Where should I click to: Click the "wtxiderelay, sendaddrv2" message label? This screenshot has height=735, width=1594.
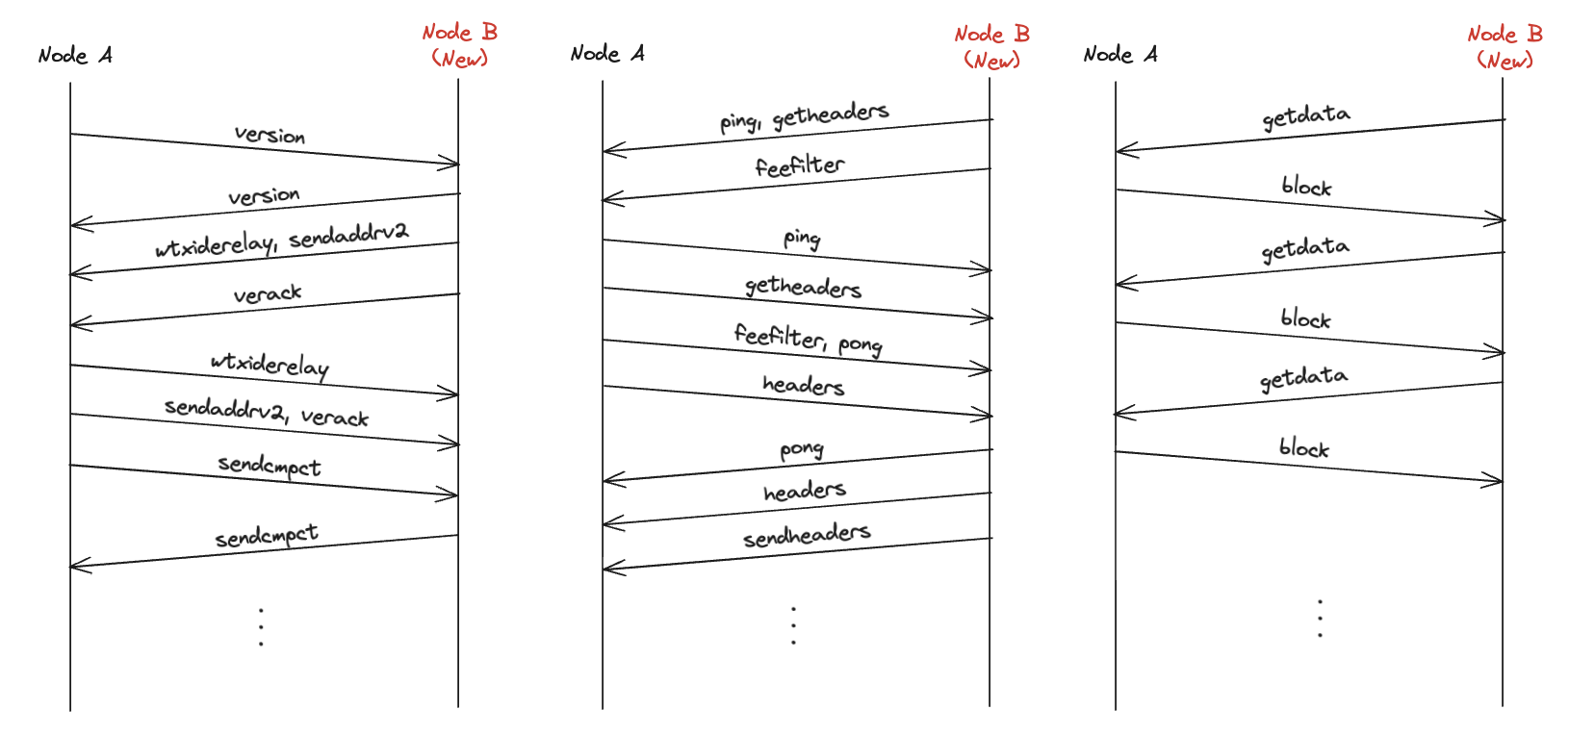coord(281,239)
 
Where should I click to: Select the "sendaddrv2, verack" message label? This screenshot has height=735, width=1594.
coord(267,412)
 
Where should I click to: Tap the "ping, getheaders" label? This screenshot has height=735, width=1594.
coord(804,116)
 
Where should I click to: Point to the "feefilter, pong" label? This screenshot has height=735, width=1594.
coord(808,339)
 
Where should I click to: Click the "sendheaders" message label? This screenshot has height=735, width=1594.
coord(807,535)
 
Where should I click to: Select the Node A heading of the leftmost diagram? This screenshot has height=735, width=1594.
coord(75,56)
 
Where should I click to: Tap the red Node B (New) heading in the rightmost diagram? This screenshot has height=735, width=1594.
coord(1504,46)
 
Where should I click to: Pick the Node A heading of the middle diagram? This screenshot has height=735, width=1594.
coord(607,54)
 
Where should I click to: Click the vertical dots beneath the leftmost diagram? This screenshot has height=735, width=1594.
coord(261,626)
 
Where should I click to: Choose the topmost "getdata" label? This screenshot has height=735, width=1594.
coord(1305,116)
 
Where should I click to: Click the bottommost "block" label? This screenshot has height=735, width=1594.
coord(1303,448)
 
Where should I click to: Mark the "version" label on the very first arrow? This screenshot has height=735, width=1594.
coord(270,135)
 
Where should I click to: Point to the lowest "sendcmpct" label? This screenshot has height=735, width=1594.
coord(267,536)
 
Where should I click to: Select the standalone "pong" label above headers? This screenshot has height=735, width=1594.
coord(802,449)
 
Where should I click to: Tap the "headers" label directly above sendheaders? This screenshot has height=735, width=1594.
coord(805,492)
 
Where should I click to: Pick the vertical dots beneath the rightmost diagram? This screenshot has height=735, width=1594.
coord(1320,618)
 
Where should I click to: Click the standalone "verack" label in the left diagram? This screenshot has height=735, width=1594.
coord(268,293)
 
